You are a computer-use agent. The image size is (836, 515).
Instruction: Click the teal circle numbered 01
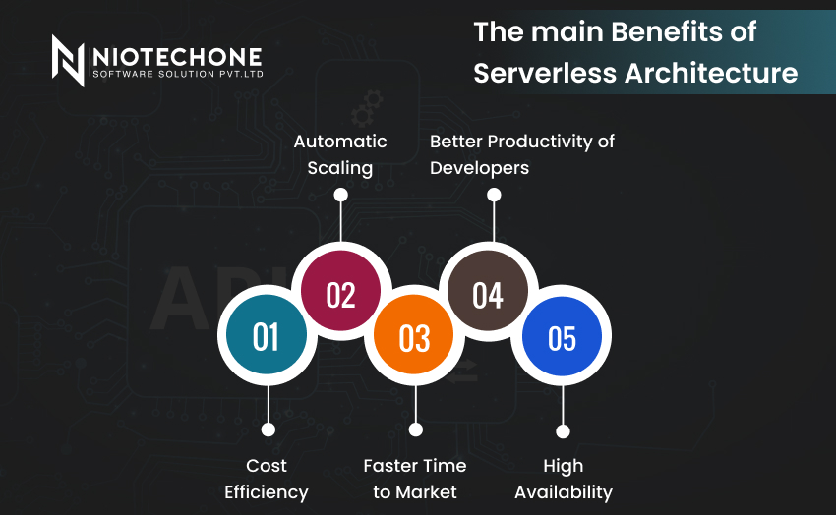point(267,335)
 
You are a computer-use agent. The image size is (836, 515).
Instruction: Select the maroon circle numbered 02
point(340,291)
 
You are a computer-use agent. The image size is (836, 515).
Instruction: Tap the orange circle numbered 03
point(414,335)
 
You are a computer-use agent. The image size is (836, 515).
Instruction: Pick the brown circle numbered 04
point(487,291)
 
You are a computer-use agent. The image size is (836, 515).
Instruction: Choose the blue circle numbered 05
point(562,336)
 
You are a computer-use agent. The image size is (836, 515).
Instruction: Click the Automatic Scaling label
point(340,154)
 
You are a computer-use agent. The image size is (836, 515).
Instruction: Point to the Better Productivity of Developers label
point(522,154)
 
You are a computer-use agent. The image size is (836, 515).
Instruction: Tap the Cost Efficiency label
point(267,480)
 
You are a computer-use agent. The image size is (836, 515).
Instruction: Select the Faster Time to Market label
point(415,479)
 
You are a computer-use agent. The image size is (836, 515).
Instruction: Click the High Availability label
point(564,480)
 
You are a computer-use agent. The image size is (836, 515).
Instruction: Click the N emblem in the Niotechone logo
point(68,60)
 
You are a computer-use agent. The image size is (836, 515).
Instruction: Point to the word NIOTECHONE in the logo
point(178,57)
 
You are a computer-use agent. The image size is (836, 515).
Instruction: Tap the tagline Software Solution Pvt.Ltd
point(178,74)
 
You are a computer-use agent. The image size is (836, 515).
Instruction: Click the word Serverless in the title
point(545,73)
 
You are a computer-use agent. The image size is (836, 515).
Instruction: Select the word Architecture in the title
point(711,73)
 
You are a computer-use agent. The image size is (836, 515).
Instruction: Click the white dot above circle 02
point(340,195)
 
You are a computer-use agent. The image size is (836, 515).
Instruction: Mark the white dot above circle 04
point(494,195)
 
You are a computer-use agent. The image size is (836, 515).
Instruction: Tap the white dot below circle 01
point(269,429)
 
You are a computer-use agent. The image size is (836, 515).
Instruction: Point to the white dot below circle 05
point(563,430)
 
